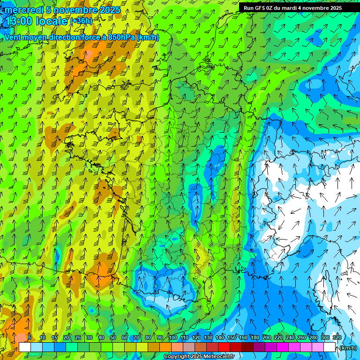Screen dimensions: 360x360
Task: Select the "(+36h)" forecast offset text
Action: pos(81,21)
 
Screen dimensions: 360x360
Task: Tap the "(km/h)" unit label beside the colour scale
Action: pos(348,348)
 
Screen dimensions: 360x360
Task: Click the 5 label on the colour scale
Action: pos(30,337)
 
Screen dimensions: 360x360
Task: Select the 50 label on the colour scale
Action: pos(112,337)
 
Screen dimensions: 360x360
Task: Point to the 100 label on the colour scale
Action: pos(173,337)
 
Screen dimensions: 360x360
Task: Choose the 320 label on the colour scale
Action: pos(337,337)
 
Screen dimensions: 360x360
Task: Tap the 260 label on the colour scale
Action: pos(302,337)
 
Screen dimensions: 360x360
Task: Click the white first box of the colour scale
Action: pos(25,347)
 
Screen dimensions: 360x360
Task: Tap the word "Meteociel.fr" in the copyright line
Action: pos(218,357)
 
